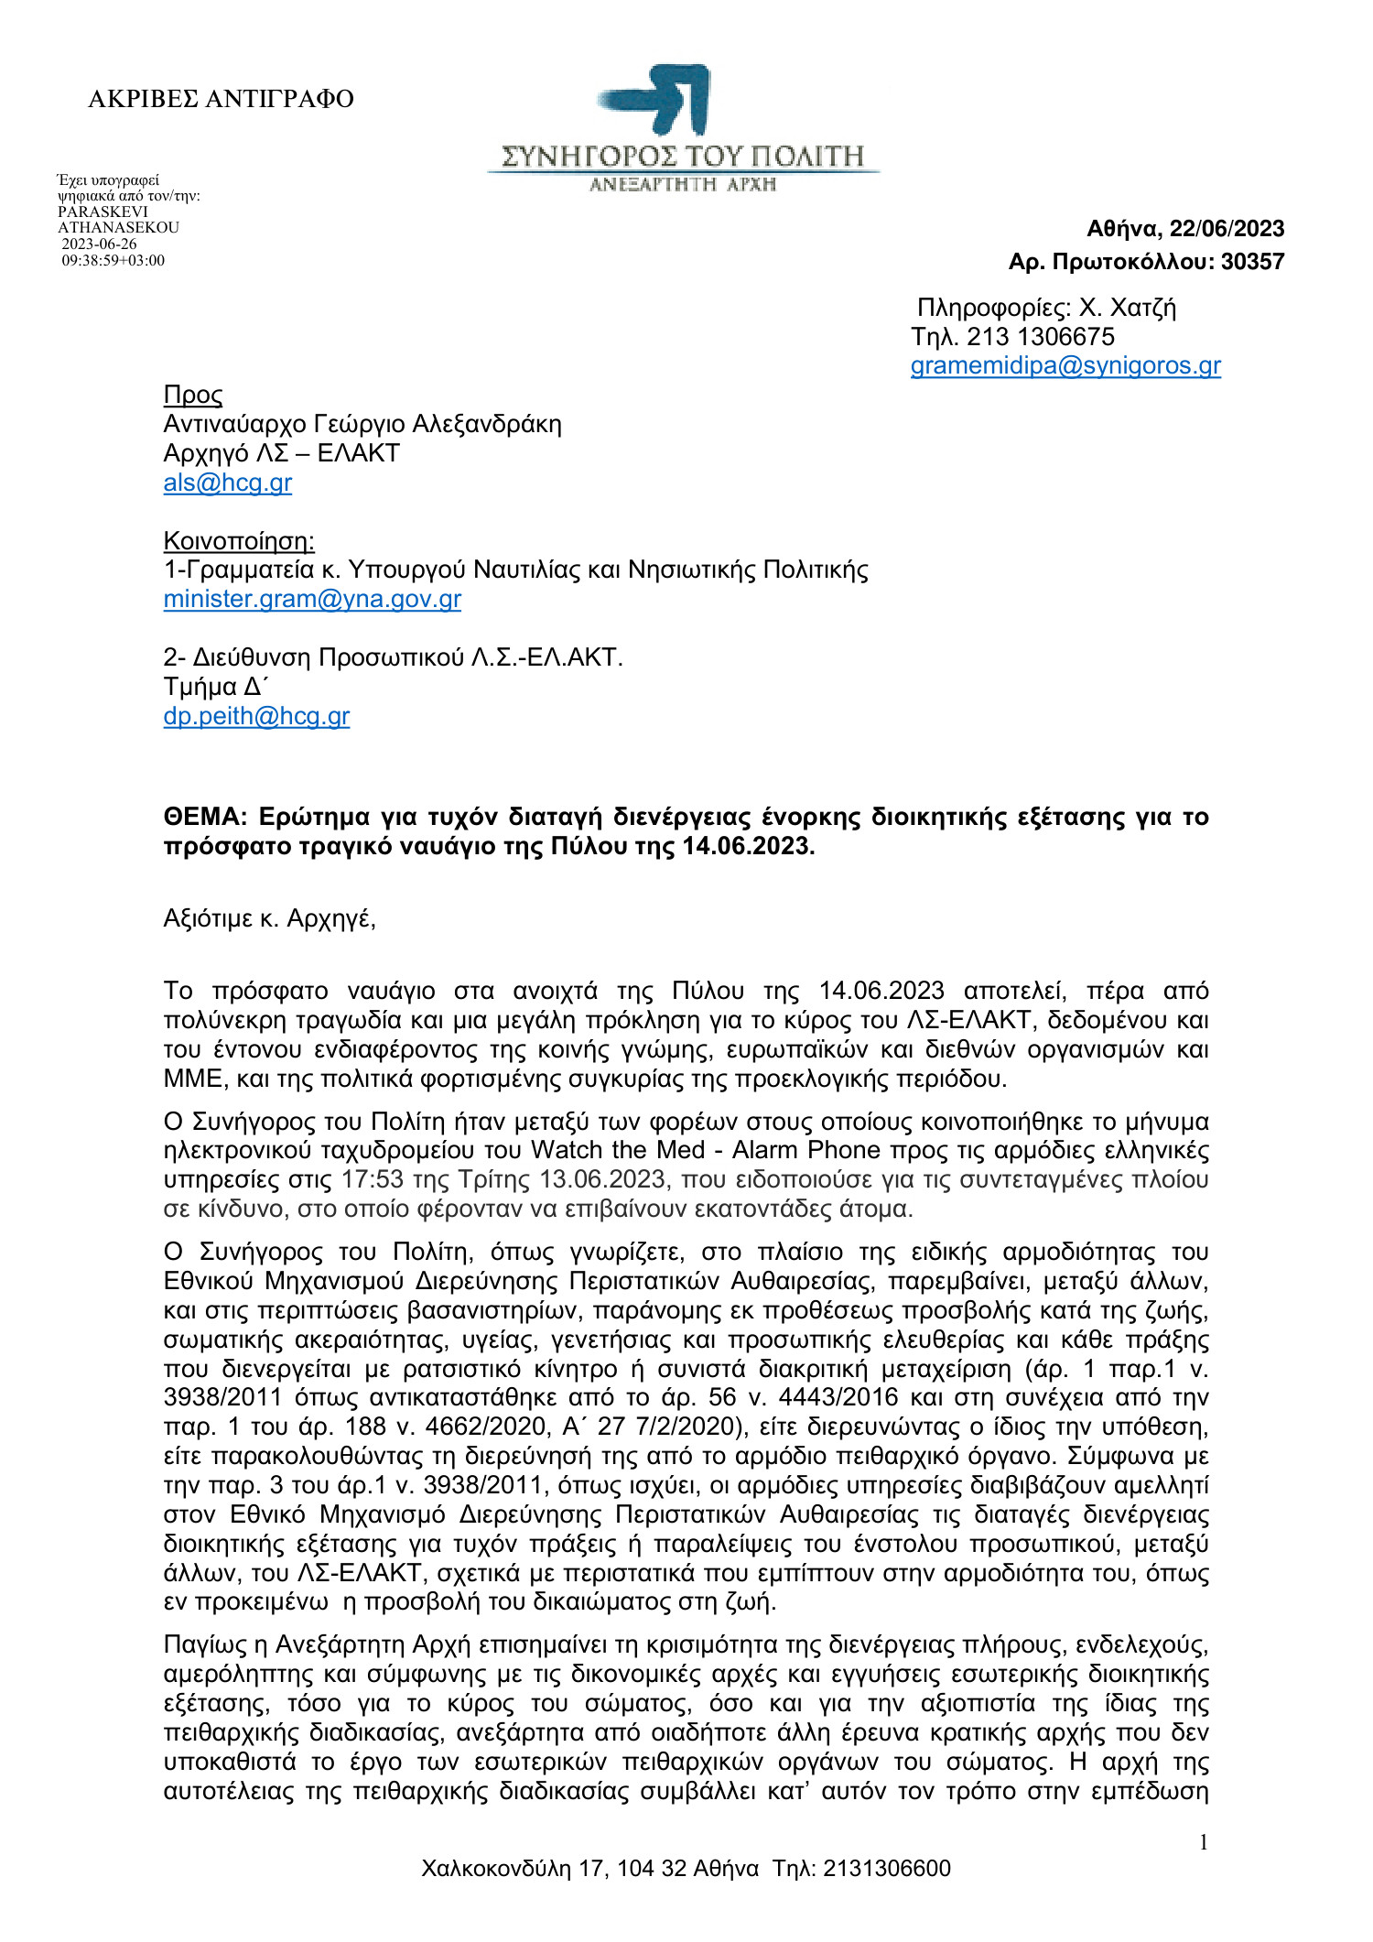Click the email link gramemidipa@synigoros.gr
coord(1065,366)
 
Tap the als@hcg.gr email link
coord(227,483)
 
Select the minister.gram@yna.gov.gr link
coord(312,599)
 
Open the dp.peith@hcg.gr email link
coord(256,716)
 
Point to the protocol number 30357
coord(1252,262)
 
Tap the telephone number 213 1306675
coord(1041,337)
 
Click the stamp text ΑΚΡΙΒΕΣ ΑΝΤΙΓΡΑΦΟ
coord(221,99)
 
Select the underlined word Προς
coord(193,395)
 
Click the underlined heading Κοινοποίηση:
coord(239,541)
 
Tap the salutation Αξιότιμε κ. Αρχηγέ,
coord(269,918)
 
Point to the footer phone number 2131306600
coord(886,1868)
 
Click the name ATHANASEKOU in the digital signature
coord(118,228)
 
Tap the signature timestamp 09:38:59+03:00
coord(114,261)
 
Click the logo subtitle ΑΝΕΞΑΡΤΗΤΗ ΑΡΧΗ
coord(682,184)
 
